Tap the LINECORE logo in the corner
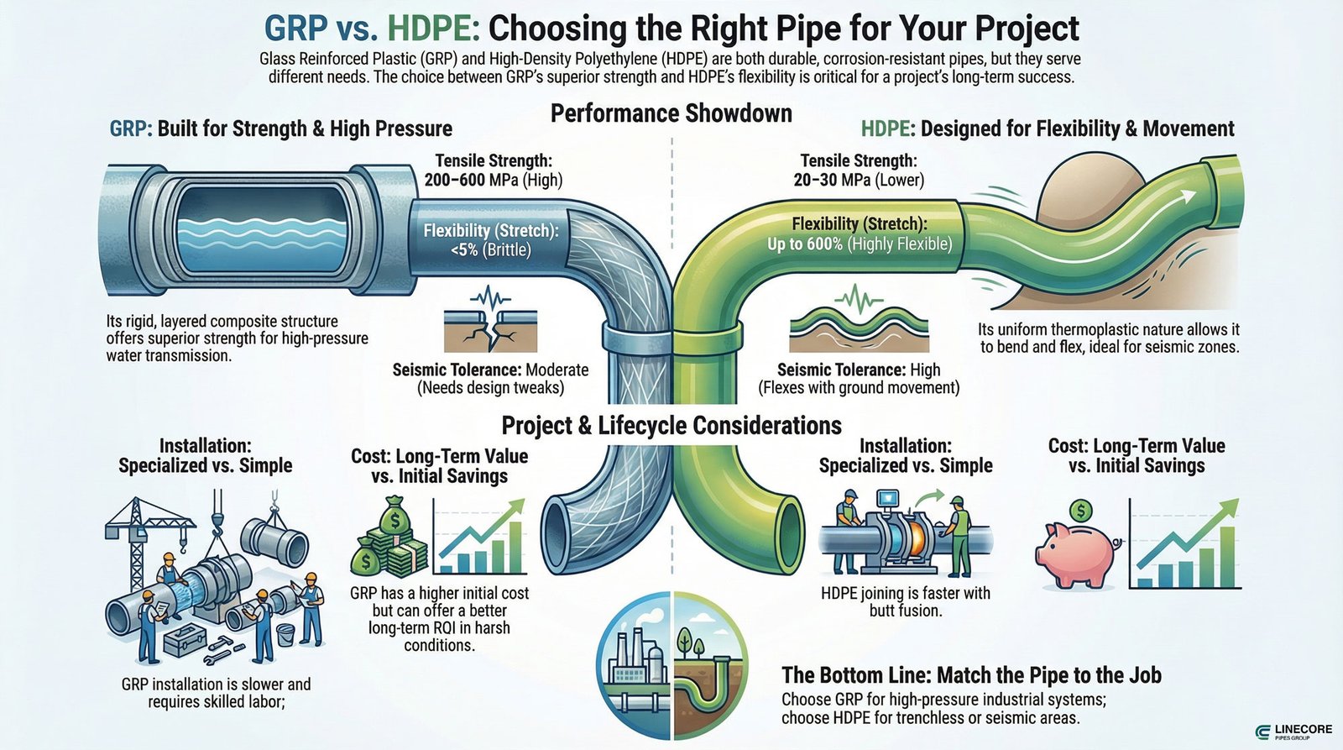click(x=1293, y=732)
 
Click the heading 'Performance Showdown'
click(x=671, y=113)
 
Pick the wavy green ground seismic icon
click(x=858, y=323)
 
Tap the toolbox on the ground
click(x=188, y=642)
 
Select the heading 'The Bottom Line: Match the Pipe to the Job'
click(x=971, y=675)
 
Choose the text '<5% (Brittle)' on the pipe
click(x=489, y=249)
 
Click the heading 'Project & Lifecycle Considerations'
click(x=671, y=426)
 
